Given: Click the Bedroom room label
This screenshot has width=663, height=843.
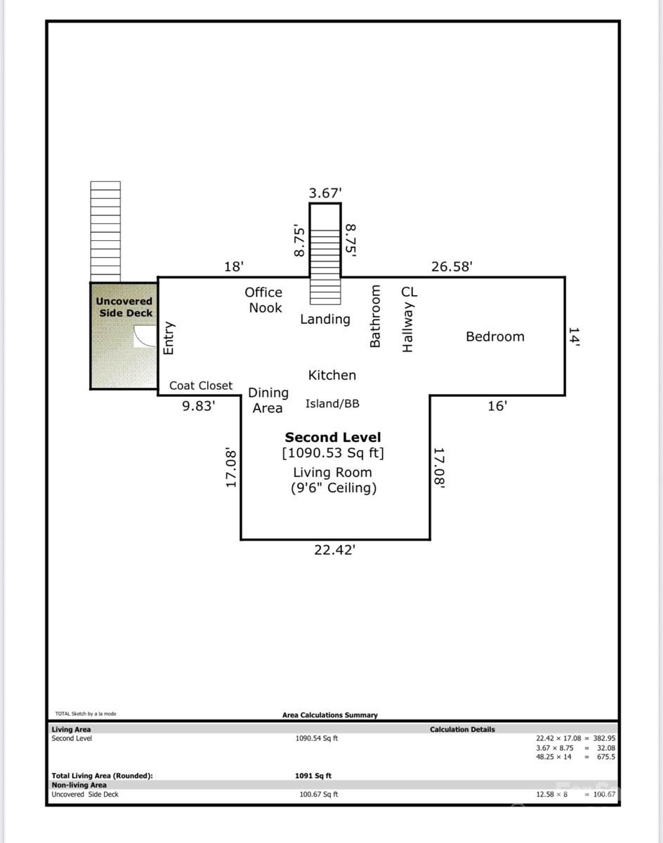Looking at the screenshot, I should [x=494, y=336].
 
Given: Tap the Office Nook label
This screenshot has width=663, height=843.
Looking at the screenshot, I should [x=264, y=300].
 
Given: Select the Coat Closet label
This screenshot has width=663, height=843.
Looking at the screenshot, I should [x=200, y=386].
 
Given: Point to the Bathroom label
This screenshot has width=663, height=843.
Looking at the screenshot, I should [x=375, y=316].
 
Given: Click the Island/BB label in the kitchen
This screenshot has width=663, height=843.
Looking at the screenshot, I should [x=332, y=404].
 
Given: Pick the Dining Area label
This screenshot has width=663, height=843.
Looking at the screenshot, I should [x=268, y=400].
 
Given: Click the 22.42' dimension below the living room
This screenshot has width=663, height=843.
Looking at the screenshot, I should [x=334, y=550].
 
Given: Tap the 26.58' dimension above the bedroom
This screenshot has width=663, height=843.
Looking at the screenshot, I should [x=451, y=266].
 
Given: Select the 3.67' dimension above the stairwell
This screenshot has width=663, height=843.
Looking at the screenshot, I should [x=325, y=192].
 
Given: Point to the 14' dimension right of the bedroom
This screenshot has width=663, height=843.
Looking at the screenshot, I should [x=574, y=336].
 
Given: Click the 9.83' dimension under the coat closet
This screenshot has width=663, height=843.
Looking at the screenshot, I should [x=198, y=405].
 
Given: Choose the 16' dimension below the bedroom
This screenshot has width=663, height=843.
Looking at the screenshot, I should [x=497, y=405].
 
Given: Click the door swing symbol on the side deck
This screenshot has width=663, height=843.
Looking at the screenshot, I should [x=145, y=336].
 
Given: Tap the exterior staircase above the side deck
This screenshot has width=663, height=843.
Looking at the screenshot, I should [x=105, y=231].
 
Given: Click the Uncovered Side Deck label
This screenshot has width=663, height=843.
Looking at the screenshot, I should [x=124, y=307].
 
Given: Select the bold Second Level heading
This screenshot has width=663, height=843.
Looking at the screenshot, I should [x=333, y=437].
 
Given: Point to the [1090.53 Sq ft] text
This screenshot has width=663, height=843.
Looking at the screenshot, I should [x=333, y=453].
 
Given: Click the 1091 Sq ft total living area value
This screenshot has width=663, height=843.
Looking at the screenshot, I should [x=313, y=776].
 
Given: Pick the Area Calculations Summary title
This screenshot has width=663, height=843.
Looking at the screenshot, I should [x=329, y=715].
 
